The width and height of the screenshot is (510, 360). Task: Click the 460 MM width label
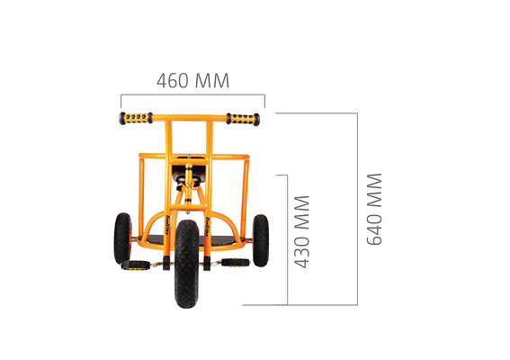(x=192, y=80)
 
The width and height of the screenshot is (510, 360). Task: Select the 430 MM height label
(x=301, y=232)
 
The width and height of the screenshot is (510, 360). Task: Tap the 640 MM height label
(x=374, y=210)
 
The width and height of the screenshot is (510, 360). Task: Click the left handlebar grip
(x=136, y=118)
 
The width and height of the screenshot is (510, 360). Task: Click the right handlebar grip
(x=243, y=119)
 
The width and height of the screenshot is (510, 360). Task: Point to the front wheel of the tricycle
(x=187, y=264)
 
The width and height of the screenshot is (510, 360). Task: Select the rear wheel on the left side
(x=122, y=238)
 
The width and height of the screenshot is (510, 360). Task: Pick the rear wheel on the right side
(x=261, y=240)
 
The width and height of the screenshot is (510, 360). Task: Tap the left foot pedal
(x=136, y=265)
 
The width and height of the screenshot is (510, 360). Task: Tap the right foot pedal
(x=235, y=263)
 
